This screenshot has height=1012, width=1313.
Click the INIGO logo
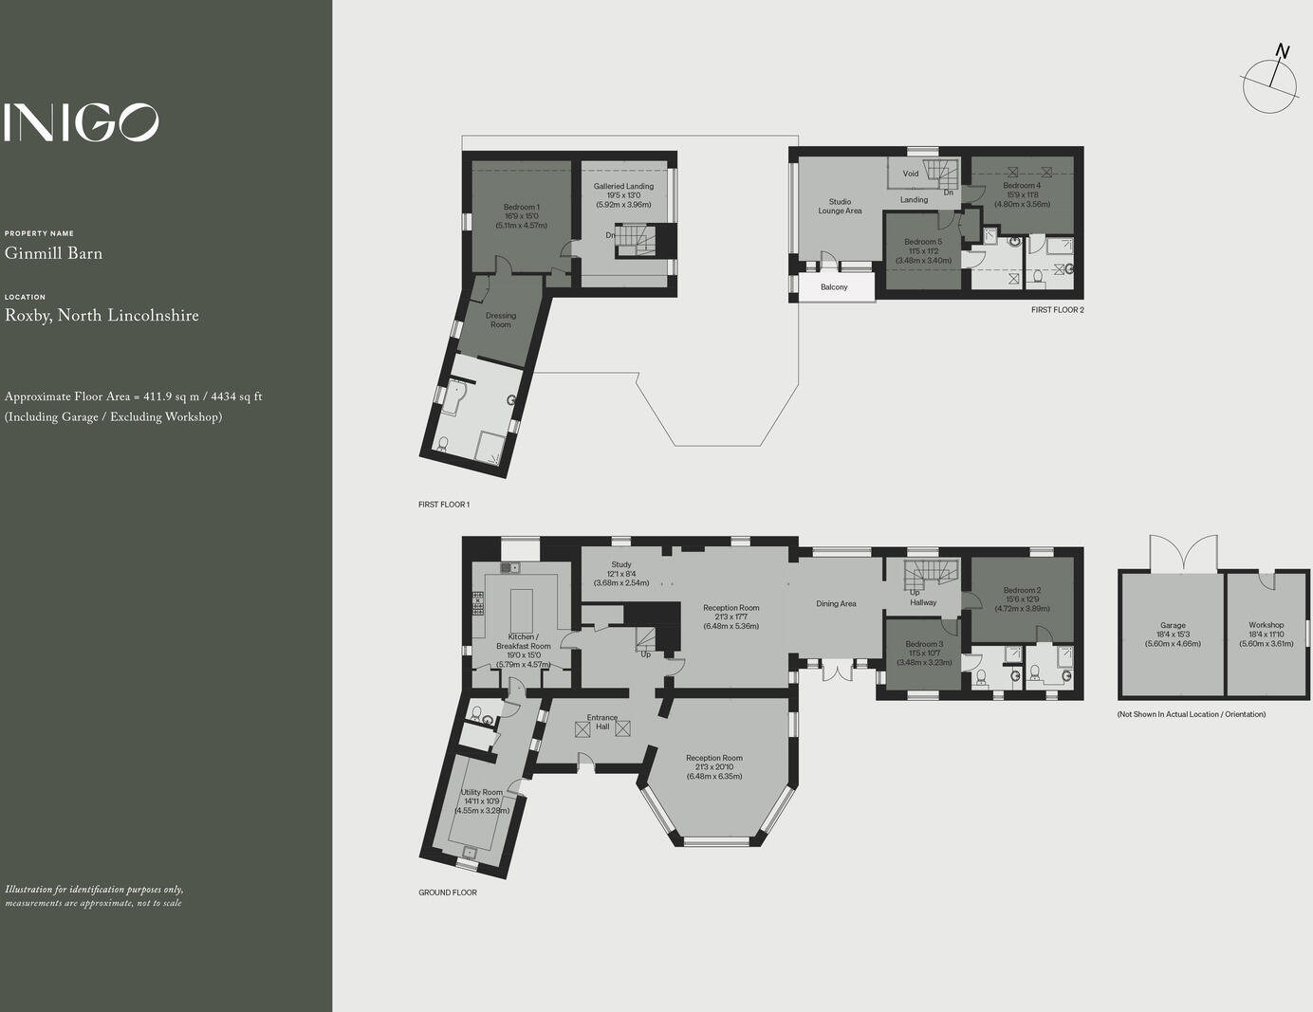pos(81,122)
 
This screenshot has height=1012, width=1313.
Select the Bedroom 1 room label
pos(521,208)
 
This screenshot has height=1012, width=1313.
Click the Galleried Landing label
pos(623,187)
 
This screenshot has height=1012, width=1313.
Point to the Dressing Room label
pos(500,321)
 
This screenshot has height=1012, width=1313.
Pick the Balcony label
pos(834,287)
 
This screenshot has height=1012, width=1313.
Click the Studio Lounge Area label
pos(840,206)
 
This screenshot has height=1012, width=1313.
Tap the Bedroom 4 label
pos(1022,186)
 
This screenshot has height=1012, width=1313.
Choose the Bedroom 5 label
pos(923,243)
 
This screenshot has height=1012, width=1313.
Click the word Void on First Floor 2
pos(911,174)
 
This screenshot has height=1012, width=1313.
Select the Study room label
pos(621,565)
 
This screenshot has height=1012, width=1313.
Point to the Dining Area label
pos(836,604)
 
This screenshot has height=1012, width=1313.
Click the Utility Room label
pos(482,793)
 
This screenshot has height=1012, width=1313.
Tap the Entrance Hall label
pos(602,722)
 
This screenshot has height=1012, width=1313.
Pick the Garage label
pos(1173,626)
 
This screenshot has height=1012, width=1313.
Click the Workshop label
pos(1266,626)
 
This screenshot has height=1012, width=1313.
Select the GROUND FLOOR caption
pos(448,892)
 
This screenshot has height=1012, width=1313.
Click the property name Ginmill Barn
pos(53,253)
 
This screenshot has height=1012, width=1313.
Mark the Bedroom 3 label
pos(923,645)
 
